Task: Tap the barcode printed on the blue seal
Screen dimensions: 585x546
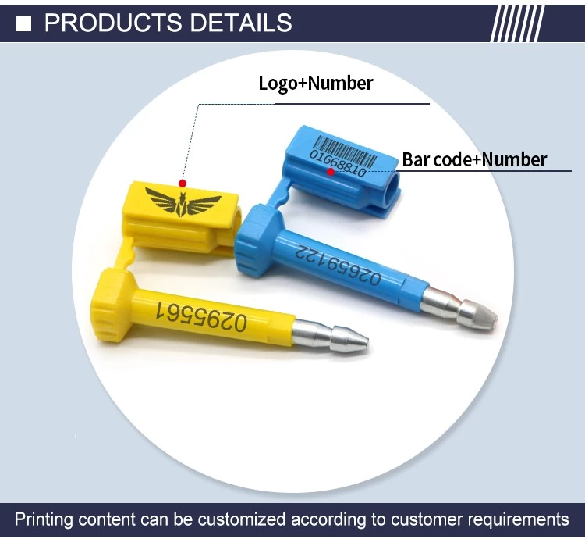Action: [346, 152]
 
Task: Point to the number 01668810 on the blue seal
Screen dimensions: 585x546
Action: [338, 163]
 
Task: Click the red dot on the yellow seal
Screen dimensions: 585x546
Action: [182, 183]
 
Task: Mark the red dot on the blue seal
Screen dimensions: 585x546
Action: [331, 172]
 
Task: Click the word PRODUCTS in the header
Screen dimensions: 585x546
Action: [113, 23]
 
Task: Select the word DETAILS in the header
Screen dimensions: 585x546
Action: [241, 23]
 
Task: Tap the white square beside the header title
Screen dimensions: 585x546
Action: [24, 23]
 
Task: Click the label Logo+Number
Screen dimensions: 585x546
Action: [316, 83]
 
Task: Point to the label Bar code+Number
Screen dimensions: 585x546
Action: [474, 159]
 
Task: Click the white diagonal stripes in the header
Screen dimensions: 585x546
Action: [517, 23]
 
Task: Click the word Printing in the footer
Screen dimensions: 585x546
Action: [44, 520]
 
